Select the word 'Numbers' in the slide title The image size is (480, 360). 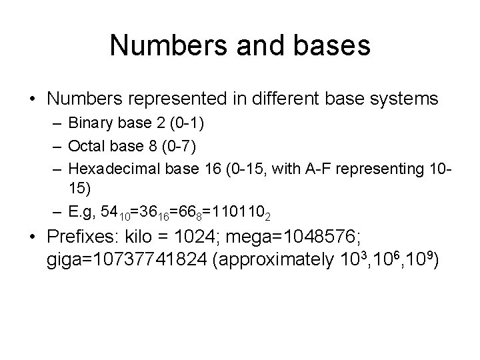[x=157, y=45]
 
